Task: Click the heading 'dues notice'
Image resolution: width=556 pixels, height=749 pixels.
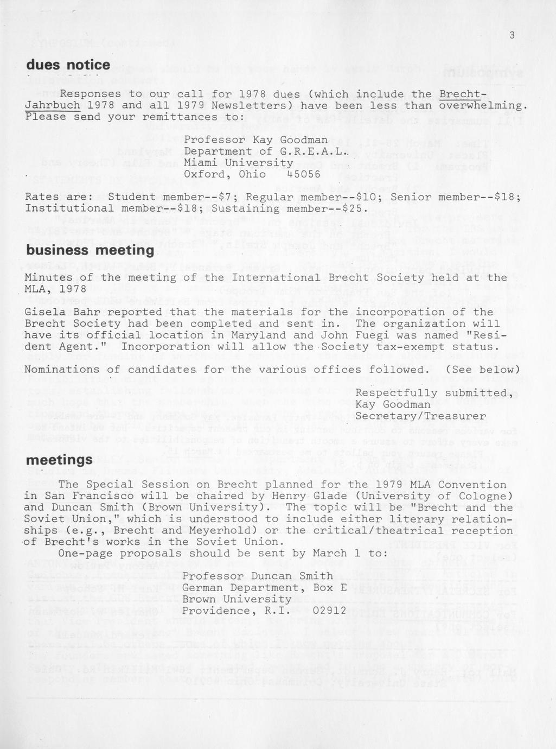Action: pos(68,65)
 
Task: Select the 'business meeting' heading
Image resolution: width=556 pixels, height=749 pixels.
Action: pos(90,250)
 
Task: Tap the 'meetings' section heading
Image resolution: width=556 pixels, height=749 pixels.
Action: pos(59,460)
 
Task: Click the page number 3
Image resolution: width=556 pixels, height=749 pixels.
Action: pos(512,36)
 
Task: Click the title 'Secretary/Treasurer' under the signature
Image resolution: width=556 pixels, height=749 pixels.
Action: pos(420,416)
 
